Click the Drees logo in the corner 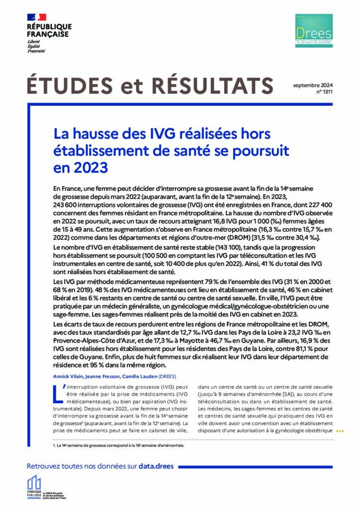[x=313, y=31]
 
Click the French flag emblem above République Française [x=36, y=17]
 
